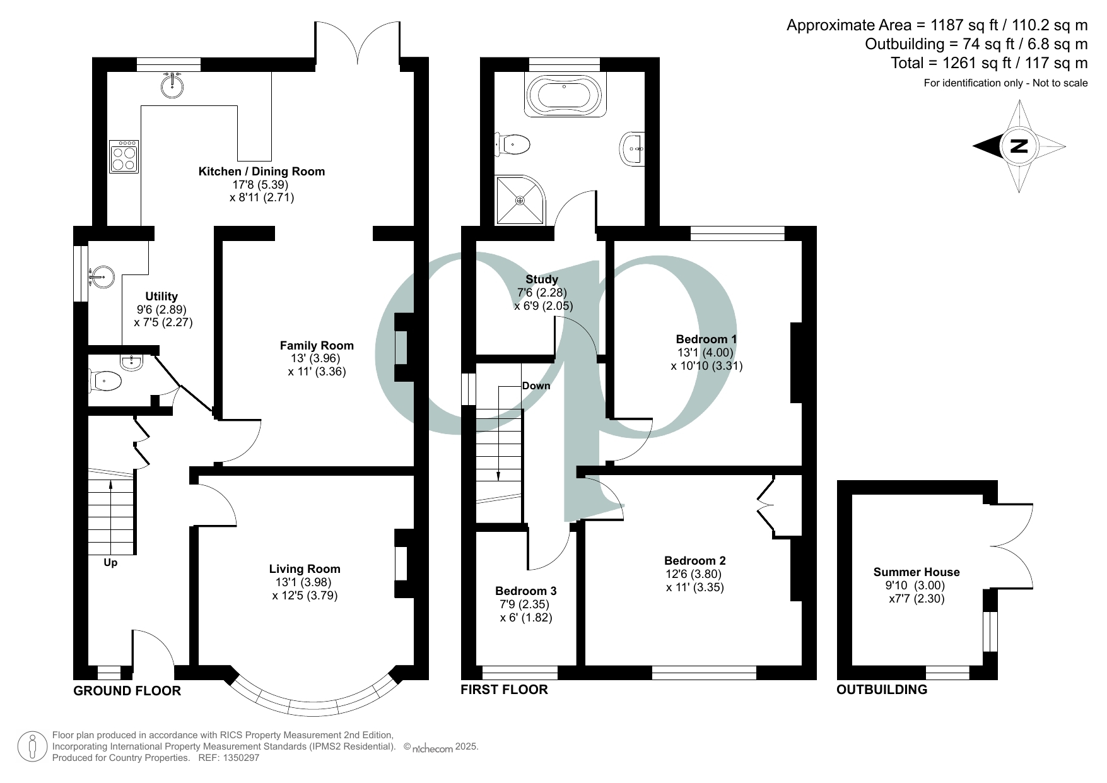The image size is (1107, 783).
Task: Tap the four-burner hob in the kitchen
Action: coord(123,156)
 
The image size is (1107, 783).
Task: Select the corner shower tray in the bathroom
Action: coord(518,200)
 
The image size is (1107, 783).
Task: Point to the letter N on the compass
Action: coord(1019,146)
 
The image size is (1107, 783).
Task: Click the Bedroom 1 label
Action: coord(706,339)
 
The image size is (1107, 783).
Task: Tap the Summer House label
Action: coord(916,572)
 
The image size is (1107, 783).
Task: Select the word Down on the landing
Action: coord(536,386)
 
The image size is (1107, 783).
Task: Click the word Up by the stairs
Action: coord(110,562)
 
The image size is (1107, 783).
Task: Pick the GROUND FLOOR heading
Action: coord(127,691)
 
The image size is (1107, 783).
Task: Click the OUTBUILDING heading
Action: coord(881,690)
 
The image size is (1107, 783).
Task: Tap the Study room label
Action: coord(541,279)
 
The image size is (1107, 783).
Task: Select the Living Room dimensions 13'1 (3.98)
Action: coord(304,582)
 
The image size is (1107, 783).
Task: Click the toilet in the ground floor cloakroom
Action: coord(105,381)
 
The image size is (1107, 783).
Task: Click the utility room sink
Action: coord(101,276)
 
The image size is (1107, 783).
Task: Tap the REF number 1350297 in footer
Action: coord(238,758)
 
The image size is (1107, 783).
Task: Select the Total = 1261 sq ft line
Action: coord(988,63)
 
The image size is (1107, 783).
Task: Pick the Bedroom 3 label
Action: coord(525,591)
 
